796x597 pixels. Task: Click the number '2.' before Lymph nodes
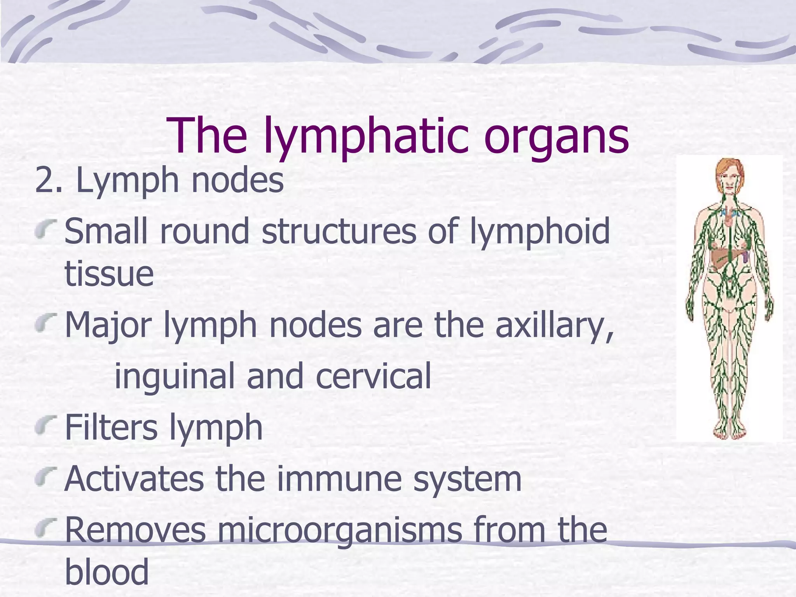pos(48,180)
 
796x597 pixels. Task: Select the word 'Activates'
pos(134,479)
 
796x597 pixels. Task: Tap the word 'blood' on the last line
pos(106,571)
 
